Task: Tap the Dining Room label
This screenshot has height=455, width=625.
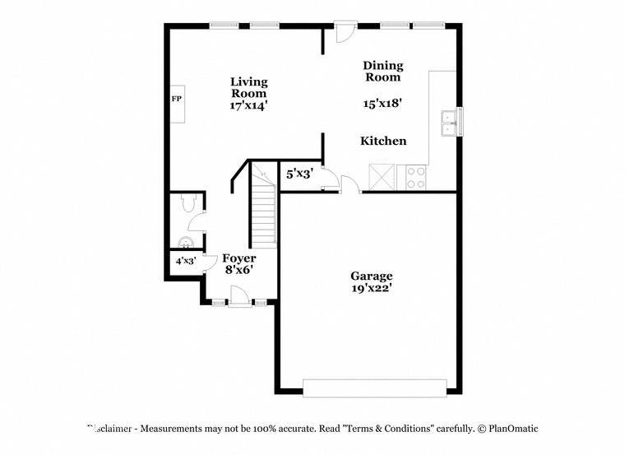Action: [x=382, y=71]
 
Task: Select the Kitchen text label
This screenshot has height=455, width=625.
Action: [x=383, y=141]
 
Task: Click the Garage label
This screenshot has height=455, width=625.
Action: [x=371, y=276]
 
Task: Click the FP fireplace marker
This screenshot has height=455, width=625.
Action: [x=176, y=100]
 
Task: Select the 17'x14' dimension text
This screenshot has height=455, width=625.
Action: [x=248, y=105]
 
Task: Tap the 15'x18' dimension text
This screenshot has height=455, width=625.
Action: [x=382, y=104]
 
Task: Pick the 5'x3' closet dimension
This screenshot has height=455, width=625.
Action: [x=299, y=174]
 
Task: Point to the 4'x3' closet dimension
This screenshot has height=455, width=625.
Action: [x=185, y=261]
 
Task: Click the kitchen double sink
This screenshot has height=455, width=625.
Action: [x=449, y=123]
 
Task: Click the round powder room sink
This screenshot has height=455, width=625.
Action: [x=186, y=242]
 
